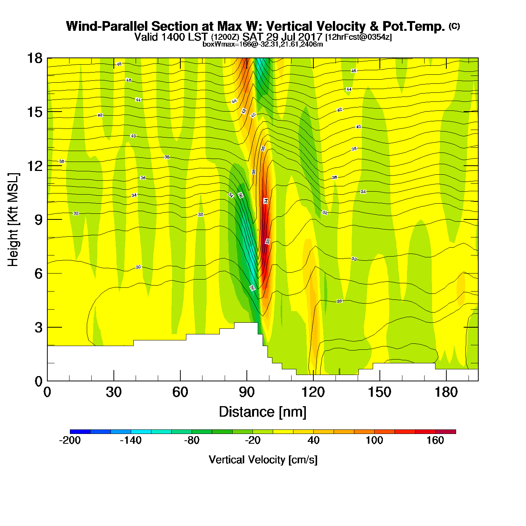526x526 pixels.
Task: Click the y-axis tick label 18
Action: [34, 58]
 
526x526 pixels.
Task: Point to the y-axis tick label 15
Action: [34, 112]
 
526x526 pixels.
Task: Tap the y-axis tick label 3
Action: [38, 327]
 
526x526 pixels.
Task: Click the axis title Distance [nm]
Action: [263, 412]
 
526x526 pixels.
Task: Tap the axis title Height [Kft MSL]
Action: [14, 220]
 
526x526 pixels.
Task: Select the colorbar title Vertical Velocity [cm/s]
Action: [263, 459]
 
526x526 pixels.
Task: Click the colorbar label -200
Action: [70, 440]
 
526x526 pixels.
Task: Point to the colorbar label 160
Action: [435, 440]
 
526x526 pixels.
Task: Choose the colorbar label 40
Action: [313, 440]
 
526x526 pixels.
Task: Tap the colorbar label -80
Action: [192, 440]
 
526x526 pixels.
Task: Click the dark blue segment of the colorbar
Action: [80, 432]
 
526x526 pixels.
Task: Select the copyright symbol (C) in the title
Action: [454, 26]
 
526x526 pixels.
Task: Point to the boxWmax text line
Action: [263, 44]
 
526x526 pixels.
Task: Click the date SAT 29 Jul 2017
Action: [282, 37]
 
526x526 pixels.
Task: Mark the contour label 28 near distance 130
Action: [339, 301]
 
